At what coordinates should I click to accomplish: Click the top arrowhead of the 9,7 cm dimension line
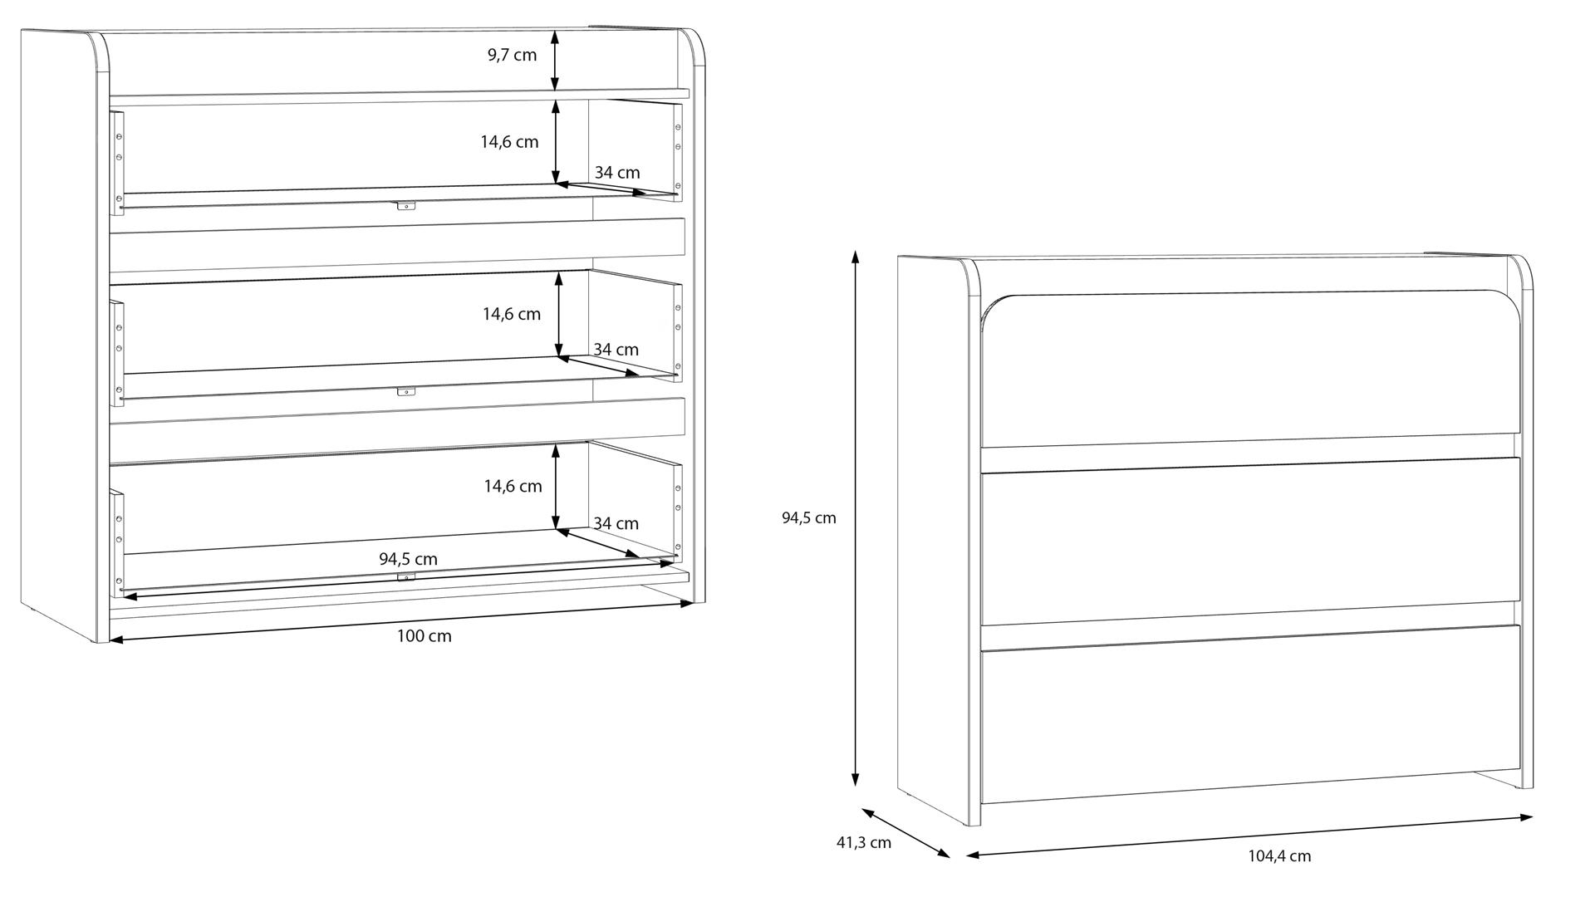coord(555,30)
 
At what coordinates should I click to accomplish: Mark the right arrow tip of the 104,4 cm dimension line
coord(1533,817)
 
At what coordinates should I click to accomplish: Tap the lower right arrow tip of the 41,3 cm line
coord(950,856)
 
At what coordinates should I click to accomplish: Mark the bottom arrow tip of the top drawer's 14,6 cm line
coord(555,184)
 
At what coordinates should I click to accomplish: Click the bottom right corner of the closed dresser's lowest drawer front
coord(1521,769)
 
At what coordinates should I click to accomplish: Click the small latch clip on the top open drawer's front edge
coord(405,206)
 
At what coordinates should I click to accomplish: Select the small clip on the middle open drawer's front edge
coord(405,391)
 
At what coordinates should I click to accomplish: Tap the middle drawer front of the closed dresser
coord(1250,541)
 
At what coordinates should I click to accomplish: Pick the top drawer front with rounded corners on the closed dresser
coord(1250,369)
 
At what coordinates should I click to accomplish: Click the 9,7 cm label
coord(512,56)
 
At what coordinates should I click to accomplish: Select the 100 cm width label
coord(424,637)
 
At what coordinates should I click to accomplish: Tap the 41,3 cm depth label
coord(863,843)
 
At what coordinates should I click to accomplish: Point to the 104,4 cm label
coord(1279,856)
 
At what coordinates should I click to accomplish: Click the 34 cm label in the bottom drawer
coord(616,524)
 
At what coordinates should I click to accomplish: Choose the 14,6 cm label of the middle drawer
coord(512,314)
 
